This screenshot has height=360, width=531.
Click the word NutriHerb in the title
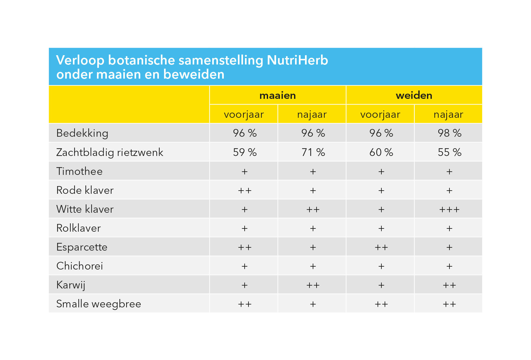297,60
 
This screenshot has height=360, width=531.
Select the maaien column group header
278,95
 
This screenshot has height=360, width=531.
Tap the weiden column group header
414,95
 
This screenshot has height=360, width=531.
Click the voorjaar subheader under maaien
244,115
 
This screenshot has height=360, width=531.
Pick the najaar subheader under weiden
448,115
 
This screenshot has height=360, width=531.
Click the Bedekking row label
82,133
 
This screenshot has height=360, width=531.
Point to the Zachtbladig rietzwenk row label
110,152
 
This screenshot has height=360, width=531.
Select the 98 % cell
449,133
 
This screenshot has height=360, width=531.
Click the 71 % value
313,152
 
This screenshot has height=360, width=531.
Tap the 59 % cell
245,152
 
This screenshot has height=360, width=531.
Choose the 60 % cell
381,152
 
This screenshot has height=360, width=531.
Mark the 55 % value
449,152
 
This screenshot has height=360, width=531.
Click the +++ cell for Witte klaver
449,210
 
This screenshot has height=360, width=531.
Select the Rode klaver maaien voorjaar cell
245,191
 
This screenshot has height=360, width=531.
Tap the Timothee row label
79,171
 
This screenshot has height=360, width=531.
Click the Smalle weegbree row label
99,304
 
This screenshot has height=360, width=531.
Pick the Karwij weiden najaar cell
449,285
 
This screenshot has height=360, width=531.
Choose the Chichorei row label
80,266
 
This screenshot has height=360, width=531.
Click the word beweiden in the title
194,74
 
